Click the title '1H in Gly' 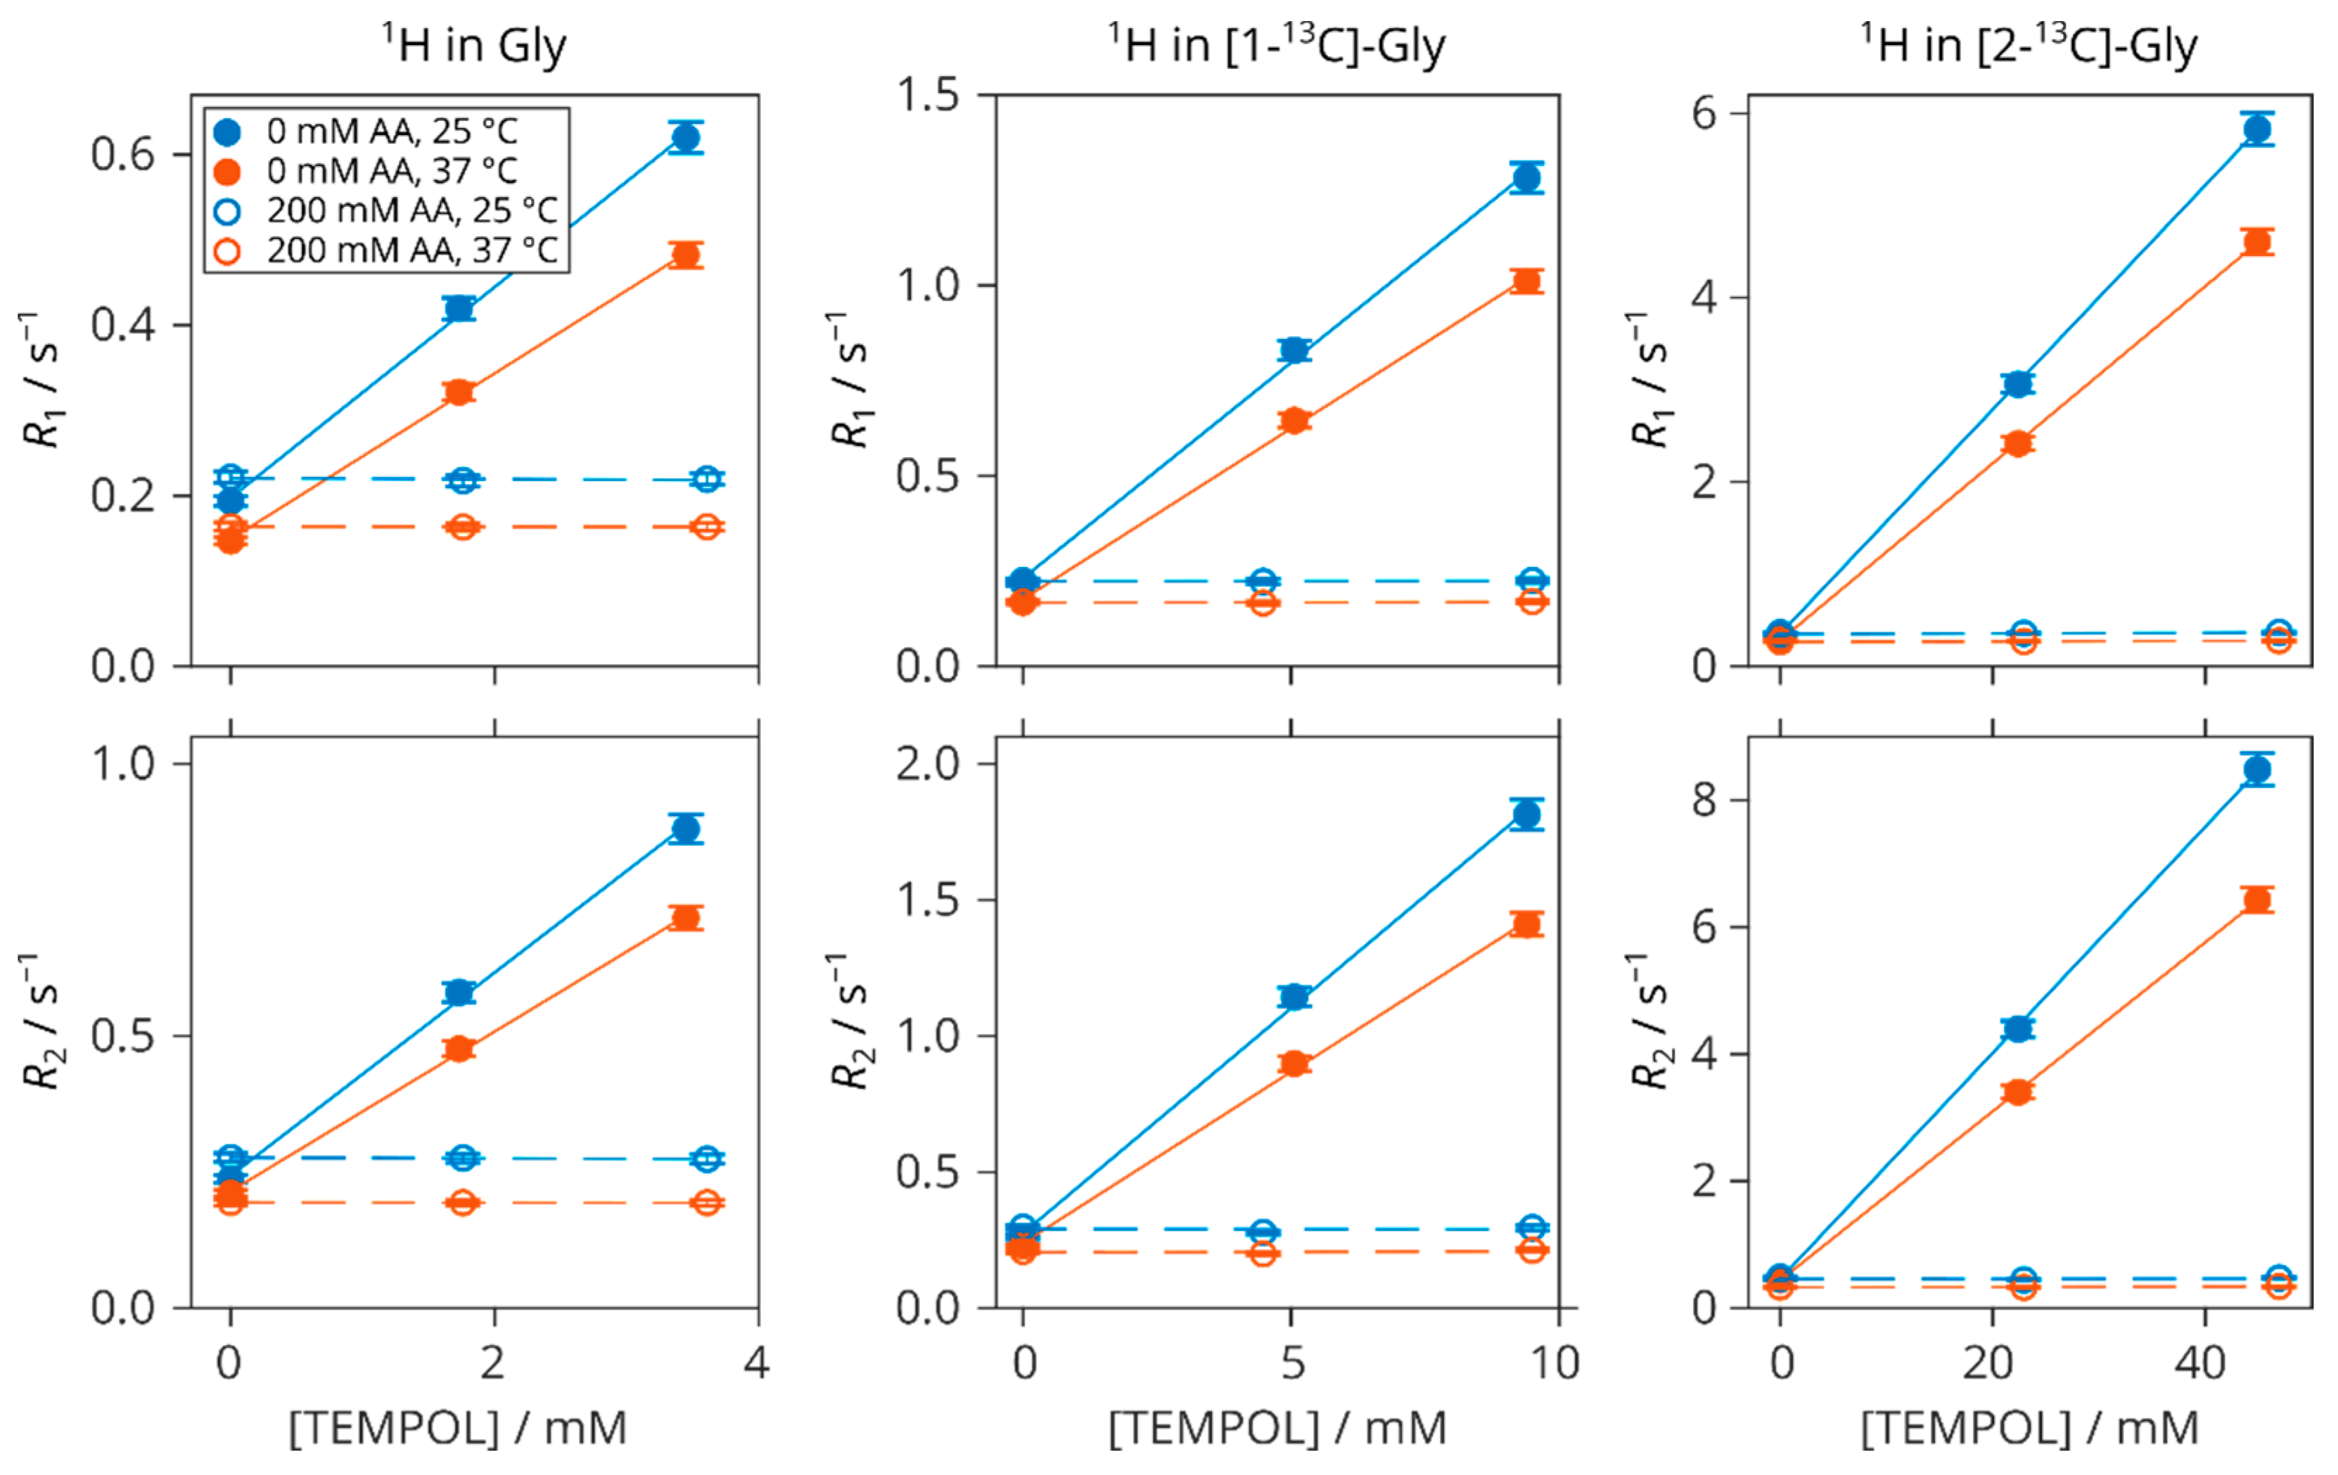(473, 45)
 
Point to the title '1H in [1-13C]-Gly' (1277, 45)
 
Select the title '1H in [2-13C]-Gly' (2029, 45)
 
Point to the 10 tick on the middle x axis (1555, 1363)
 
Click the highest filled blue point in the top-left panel (686, 138)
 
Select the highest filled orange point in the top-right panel (2257, 242)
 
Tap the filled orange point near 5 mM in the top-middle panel (1294, 421)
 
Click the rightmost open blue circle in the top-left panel (707, 479)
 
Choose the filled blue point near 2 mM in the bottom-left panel (459, 992)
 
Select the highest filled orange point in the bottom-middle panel (1527, 924)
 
